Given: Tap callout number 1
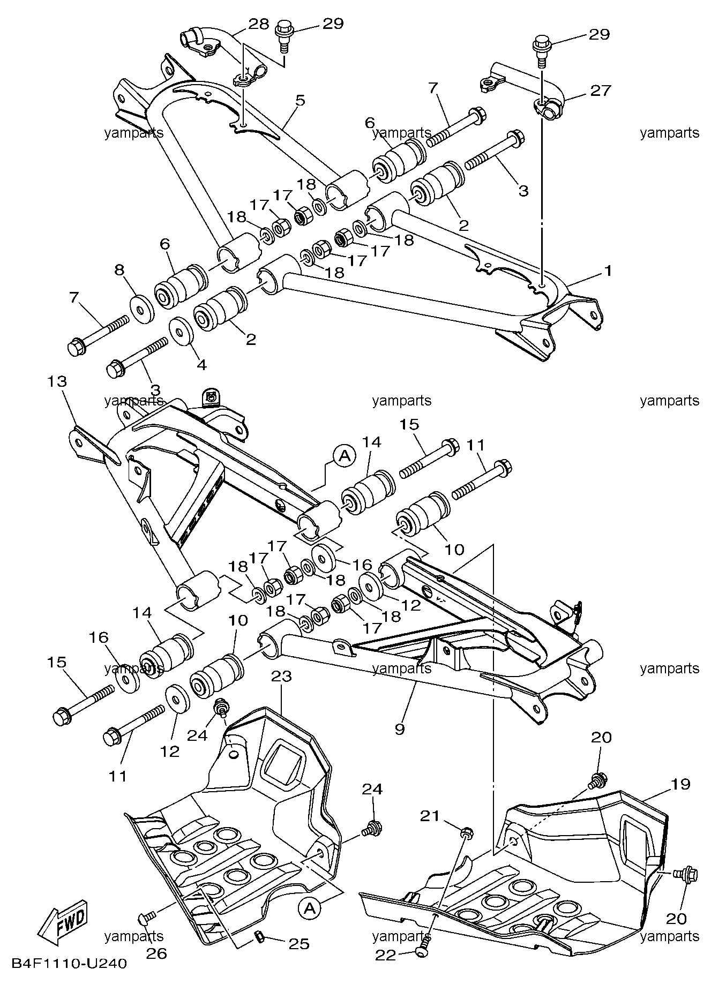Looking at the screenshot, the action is pos(608,271).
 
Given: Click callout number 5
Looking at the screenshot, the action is pos(300,100).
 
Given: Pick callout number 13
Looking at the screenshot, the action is pos(57,381).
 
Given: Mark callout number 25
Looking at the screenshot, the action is pos(298,943).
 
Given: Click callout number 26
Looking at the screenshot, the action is pos(156,953).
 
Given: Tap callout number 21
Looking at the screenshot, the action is pos(430,816).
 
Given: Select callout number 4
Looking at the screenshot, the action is pos(201,365).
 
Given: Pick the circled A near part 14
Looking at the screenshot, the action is pos(345,455).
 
